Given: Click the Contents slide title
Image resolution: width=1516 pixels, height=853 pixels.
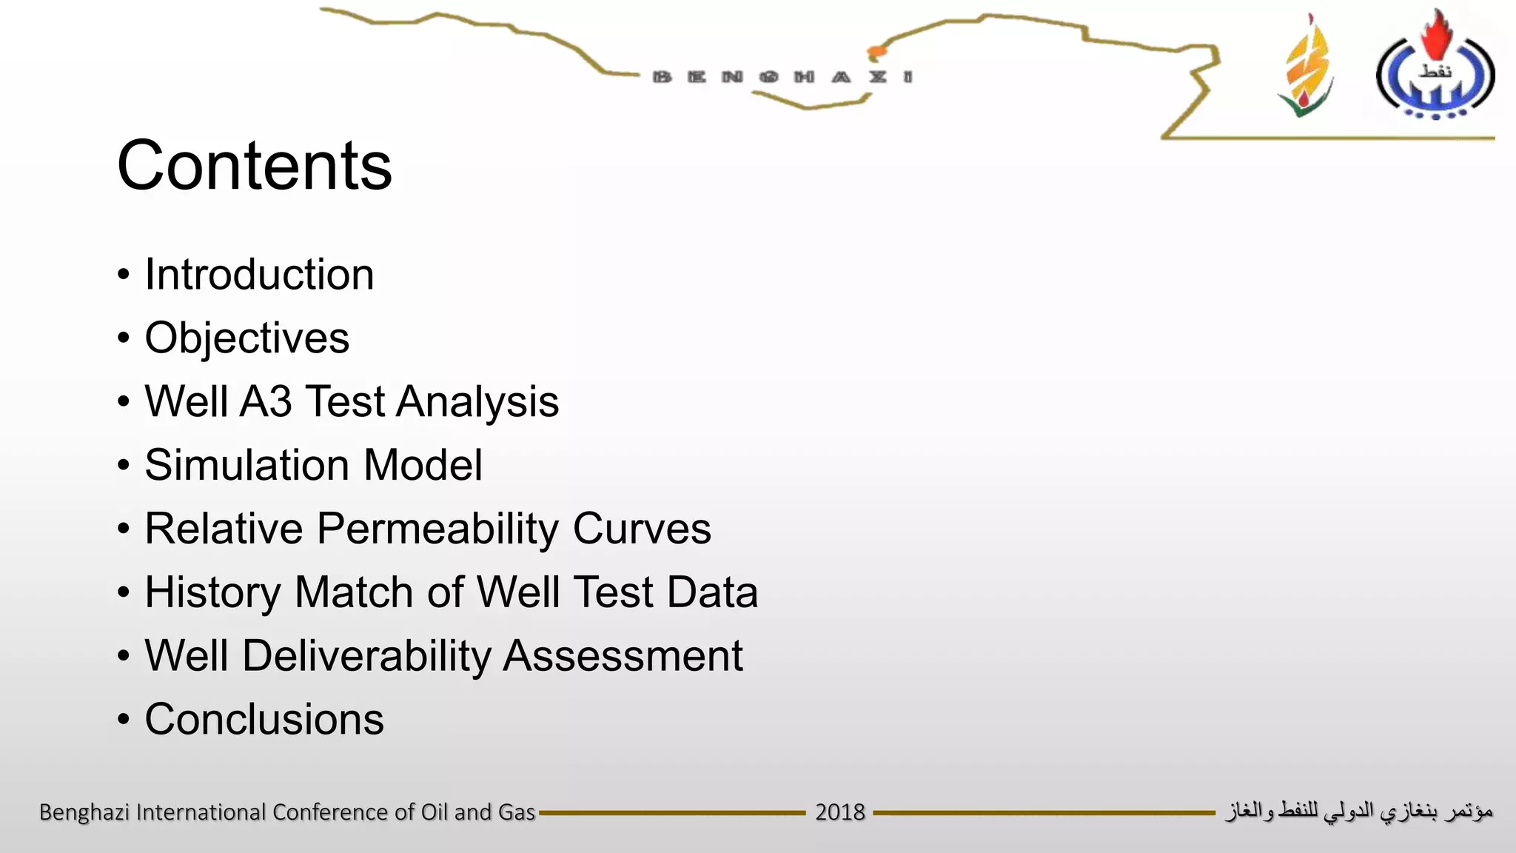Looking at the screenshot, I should pyautogui.click(x=254, y=166).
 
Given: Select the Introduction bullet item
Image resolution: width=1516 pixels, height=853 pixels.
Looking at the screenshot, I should pyautogui.click(x=259, y=275).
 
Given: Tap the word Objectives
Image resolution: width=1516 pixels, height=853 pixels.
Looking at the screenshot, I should pyautogui.click(x=246, y=338).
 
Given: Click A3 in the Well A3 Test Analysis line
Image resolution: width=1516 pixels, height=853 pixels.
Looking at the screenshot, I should pyautogui.click(x=265, y=402).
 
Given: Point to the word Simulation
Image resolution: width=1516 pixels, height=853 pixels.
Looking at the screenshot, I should pyautogui.click(x=246, y=466).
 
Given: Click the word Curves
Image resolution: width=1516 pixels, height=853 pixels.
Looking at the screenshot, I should pyautogui.click(x=642, y=529).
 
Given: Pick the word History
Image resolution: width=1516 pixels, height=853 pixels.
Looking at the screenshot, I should pyautogui.click(x=212, y=593).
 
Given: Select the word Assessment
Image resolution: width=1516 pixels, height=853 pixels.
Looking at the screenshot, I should pyautogui.click(x=623, y=656).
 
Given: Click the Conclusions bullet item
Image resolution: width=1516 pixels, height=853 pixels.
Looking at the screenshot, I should pyautogui.click(x=264, y=720).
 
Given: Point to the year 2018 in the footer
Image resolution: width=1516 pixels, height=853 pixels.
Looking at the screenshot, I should pyautogui.click(x=839, y=812).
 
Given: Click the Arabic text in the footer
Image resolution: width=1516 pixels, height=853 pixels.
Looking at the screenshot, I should pyautogui.click(x=1358, y=812).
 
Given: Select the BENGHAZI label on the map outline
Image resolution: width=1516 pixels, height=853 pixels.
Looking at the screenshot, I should pyautogui.click(x=782, y=77).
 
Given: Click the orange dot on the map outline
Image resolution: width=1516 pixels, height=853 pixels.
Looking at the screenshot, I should pyautogui.click(x=876, y=52).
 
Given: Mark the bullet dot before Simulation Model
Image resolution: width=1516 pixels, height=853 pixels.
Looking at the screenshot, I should pyautogui.click(x=124, y=466).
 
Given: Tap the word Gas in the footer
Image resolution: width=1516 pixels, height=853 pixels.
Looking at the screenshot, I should pyautogui.click(x=516, y=812).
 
